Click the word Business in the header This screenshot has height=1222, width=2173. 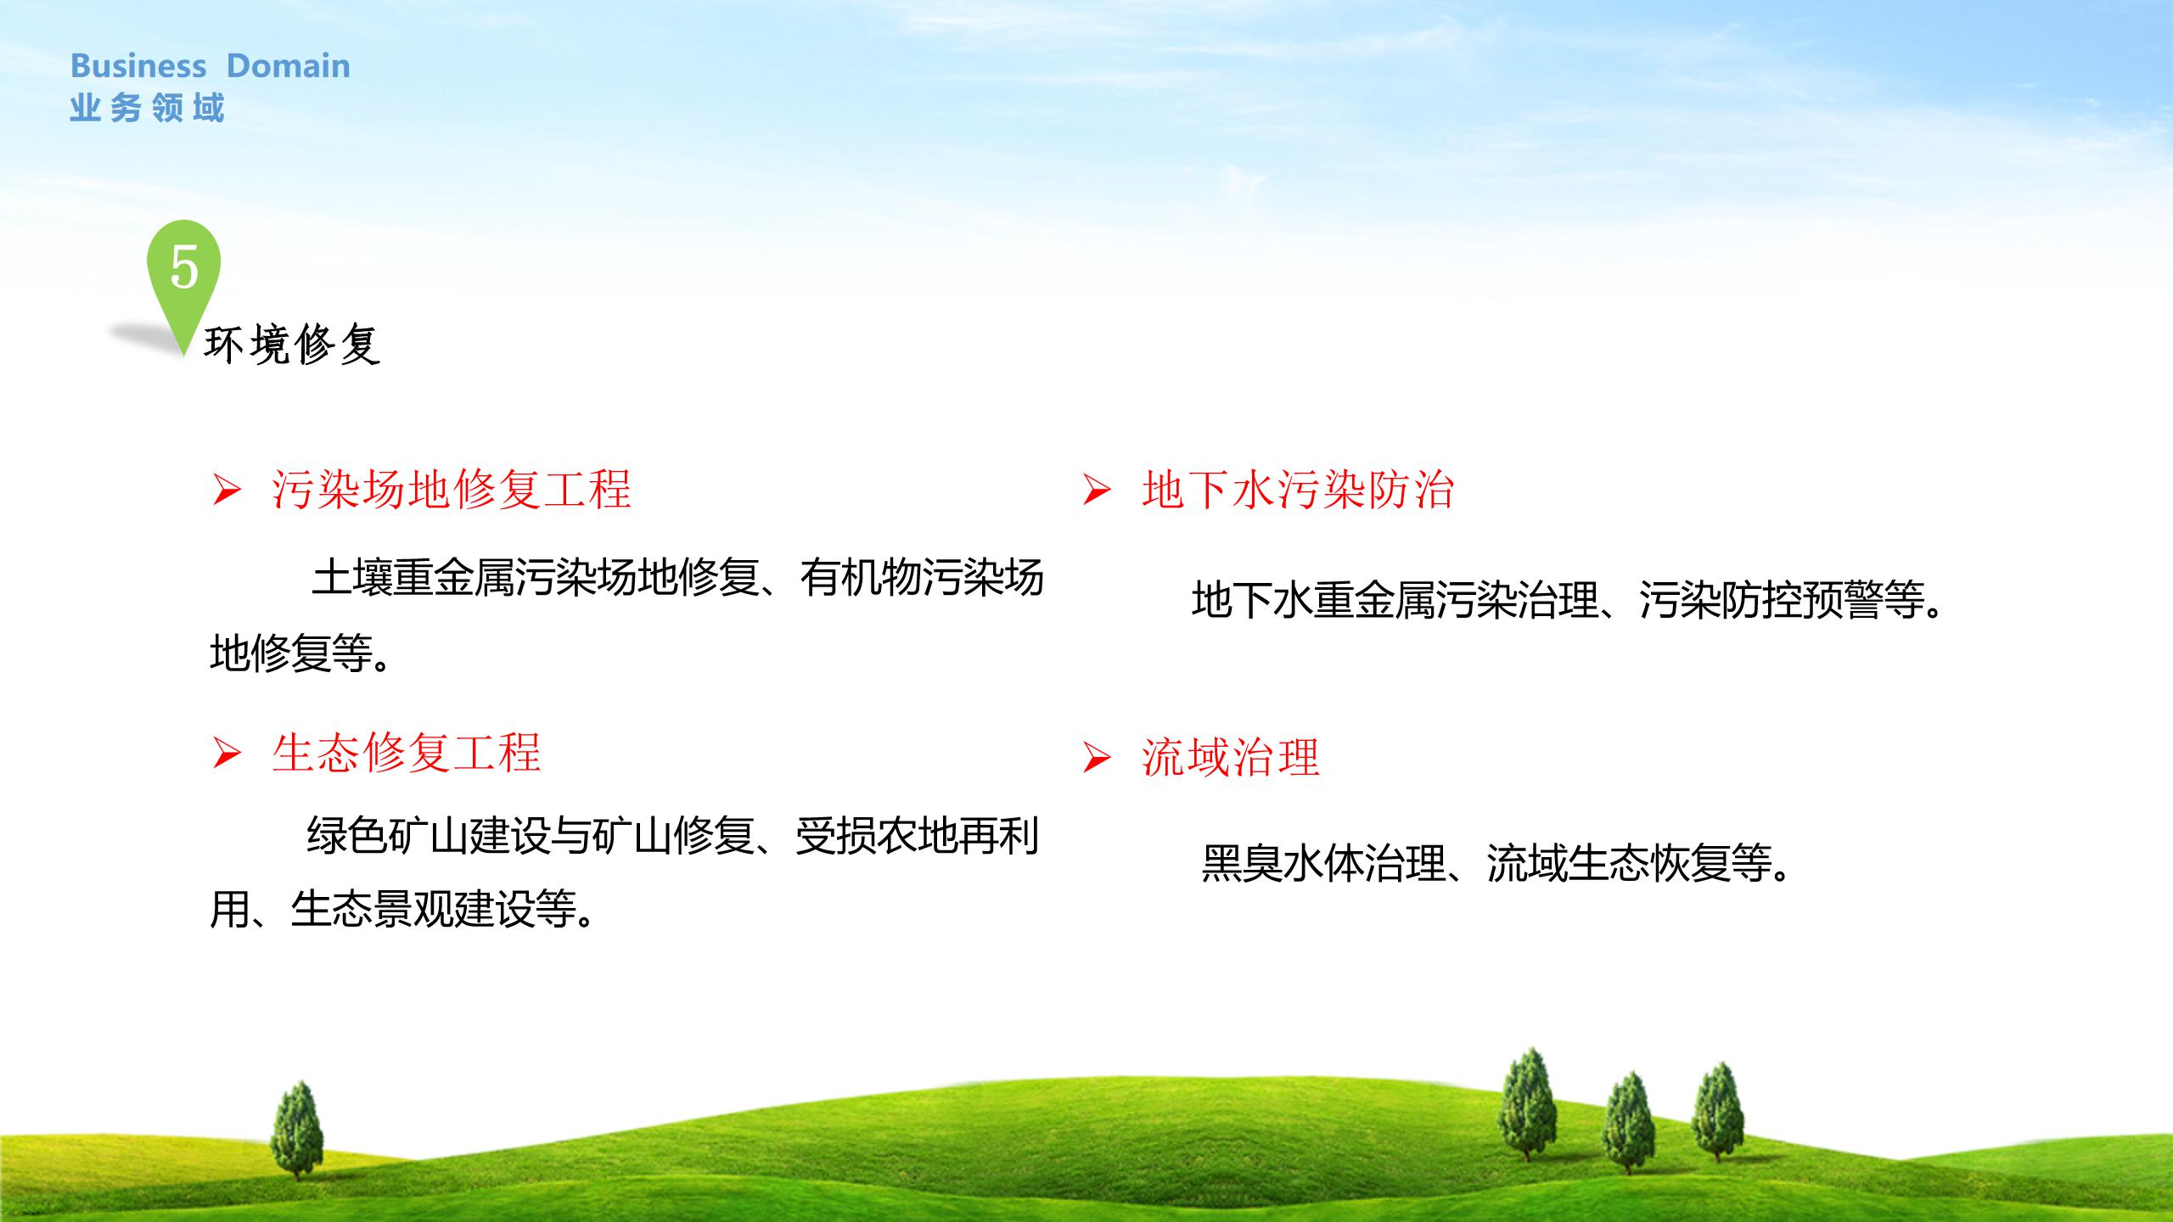138,65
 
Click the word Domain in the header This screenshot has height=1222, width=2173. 289,65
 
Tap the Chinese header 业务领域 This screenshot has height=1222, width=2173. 147,109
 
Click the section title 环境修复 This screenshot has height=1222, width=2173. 292,345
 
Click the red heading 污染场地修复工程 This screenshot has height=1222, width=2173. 452,490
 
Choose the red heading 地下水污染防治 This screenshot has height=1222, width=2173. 1299,490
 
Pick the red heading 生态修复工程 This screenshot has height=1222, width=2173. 407,753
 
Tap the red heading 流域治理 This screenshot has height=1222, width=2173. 1231,757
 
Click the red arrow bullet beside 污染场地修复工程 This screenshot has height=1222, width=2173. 227,490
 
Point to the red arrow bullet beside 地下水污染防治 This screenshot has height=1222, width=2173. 1097,490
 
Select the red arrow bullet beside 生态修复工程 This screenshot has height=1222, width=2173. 227,754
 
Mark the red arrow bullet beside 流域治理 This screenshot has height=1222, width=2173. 1097,758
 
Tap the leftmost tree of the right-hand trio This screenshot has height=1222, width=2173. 1528,1103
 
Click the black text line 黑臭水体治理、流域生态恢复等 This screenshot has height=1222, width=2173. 1498,864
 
